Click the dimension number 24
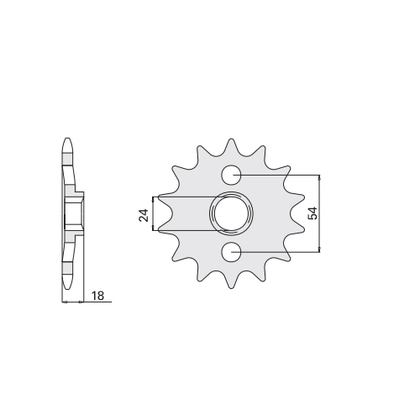[144, 215]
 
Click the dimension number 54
[312, 213]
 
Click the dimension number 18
[97, 296]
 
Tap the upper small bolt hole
[231, 176]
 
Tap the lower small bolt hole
[231, 252]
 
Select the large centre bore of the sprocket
[231, 213]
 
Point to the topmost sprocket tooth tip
[231, 139]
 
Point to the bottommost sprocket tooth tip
[231, 288]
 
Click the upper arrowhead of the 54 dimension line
[319, 177]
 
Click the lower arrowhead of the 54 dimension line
[319, 249]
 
